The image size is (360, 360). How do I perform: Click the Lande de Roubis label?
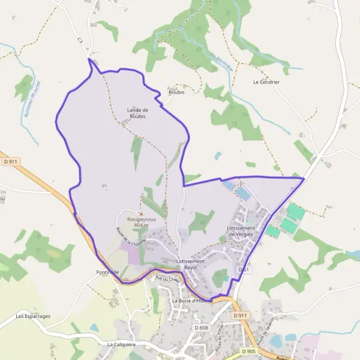coord(137,113)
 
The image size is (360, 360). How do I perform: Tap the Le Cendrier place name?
coord(266,82)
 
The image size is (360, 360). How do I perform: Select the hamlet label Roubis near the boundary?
coord(176,92)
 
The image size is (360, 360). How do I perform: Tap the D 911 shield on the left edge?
coord(10,161)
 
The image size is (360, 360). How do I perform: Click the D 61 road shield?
coord(243,270)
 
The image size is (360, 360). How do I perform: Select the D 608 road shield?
coord(200,328)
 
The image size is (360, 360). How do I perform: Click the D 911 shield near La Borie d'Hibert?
coord(239,316)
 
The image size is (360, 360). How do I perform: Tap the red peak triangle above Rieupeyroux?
coord(142,213)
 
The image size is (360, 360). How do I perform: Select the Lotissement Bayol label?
coord(191,264)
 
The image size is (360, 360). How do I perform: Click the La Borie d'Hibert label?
coord(192,300)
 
